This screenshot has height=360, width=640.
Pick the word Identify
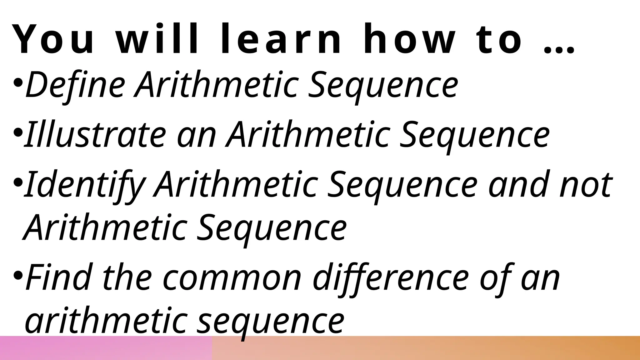coord(84,185)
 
